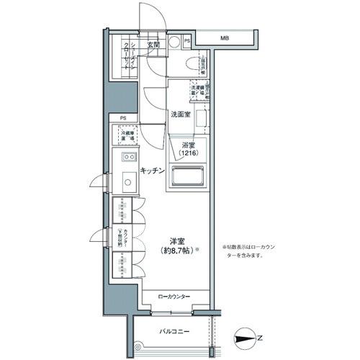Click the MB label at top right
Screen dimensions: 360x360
[x=225, y=37]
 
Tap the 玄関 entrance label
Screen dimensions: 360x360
[x=153, y=45]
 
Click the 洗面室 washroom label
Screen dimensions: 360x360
[x=180, y=114]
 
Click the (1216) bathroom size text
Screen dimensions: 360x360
[x=188, y=153]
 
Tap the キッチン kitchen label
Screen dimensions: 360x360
[x=153, y=170]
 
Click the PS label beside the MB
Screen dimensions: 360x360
[x=187, y=42]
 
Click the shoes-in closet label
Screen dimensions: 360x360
[x=125, y=54]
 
